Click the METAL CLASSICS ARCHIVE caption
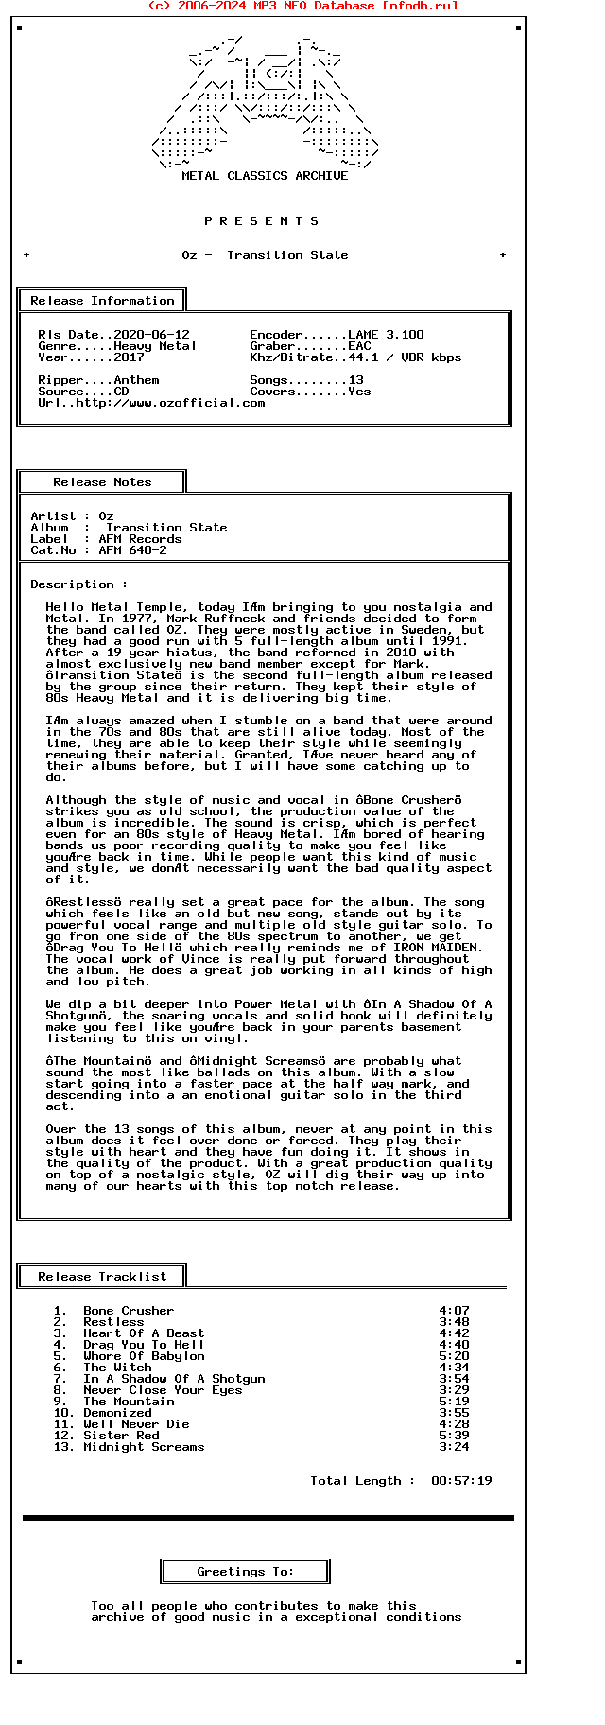(265, 176)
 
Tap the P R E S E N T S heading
(262, 221)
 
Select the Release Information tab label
(102, 301)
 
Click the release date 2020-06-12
(151, 335)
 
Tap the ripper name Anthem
(136, 380)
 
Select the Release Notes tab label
(102, 482)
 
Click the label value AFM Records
(140, 539)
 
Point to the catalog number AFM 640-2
(132, 550)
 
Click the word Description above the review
(72, 584)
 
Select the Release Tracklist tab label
(102, 1277)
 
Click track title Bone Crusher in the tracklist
(129, 1311)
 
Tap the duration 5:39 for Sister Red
(454, 1436)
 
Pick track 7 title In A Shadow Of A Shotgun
(174, 1379)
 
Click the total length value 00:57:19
(461, 1481)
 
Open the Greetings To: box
(245, 1572)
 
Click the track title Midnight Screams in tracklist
(144, 1447)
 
